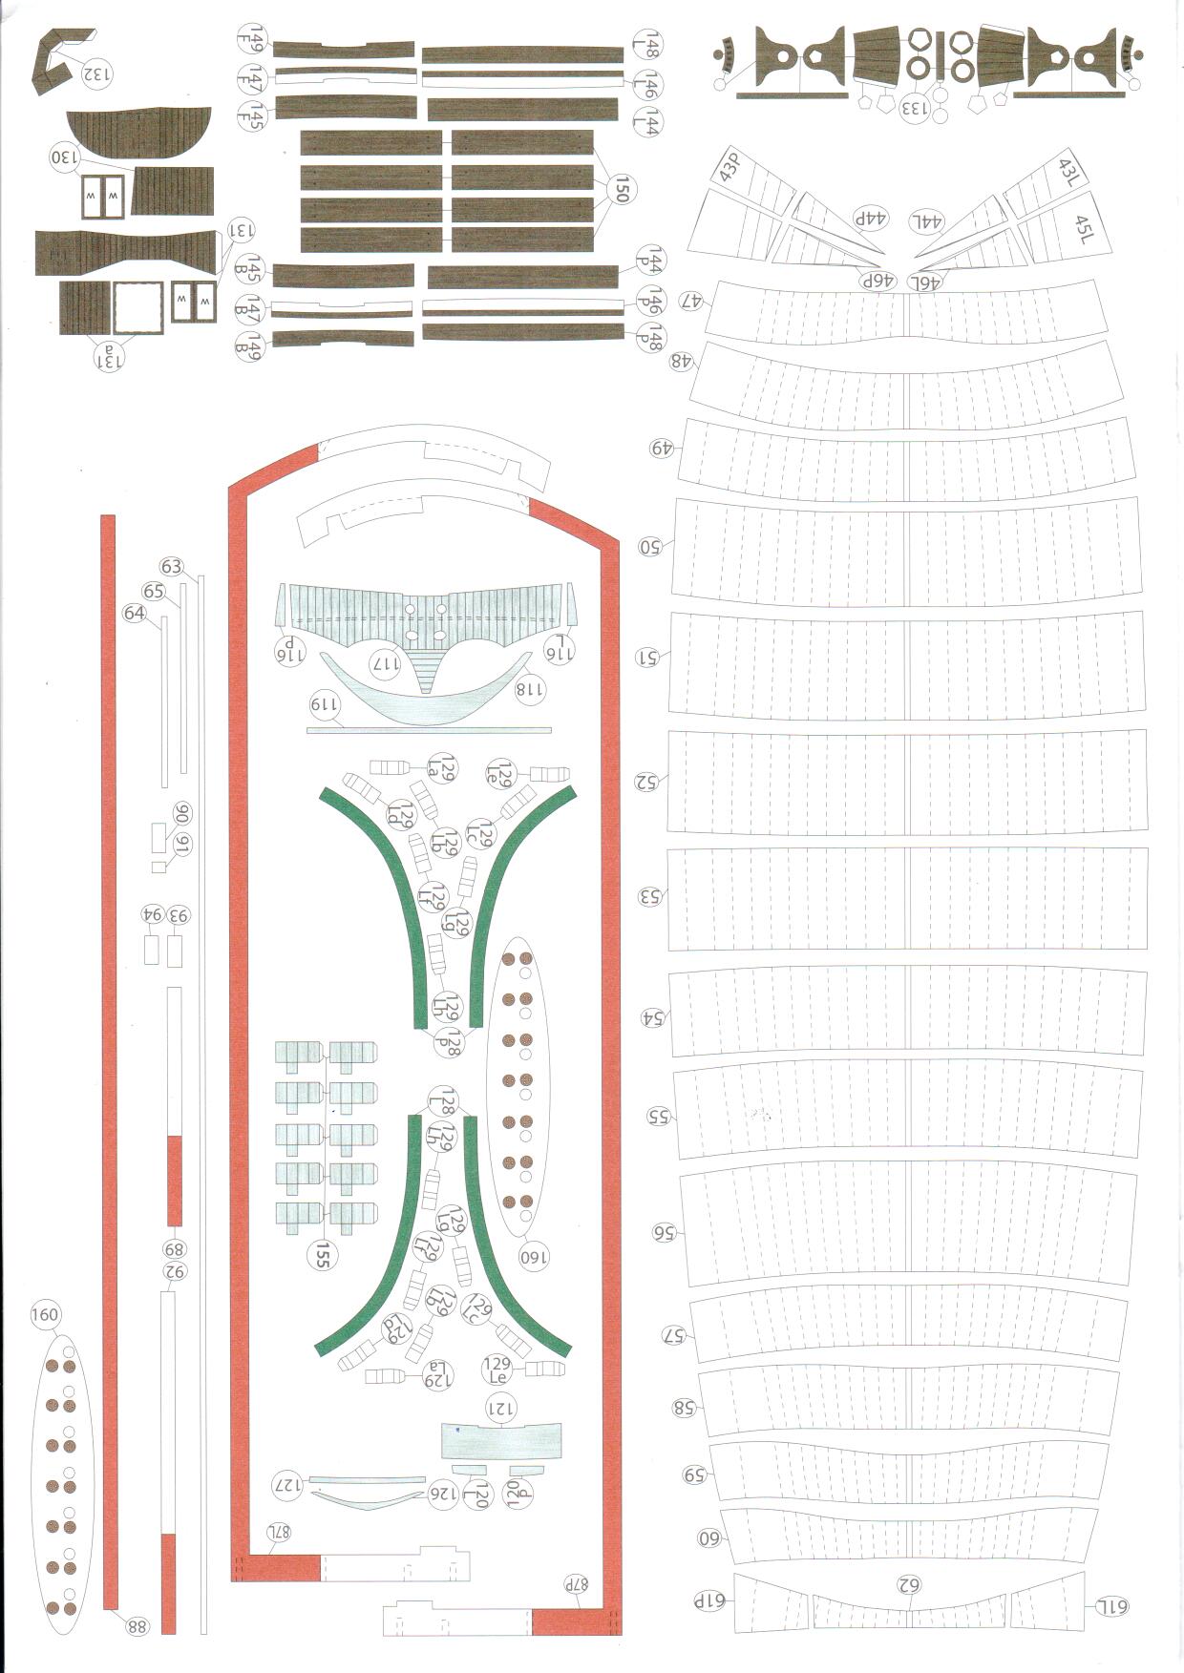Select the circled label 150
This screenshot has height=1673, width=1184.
(622, 190)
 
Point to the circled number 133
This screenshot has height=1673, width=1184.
(913, 108)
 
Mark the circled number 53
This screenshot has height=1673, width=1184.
(650, 896)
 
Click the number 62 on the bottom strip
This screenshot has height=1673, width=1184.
(907, 1585)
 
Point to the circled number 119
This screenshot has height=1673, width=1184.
(325, 704)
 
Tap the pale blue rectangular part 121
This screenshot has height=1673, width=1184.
(500, 1439)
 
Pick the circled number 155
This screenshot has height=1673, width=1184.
(322, 1256)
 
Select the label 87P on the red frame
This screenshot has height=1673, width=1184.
(576, 1582)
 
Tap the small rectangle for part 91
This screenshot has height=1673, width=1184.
(159, 867)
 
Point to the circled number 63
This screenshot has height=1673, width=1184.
(172, 567)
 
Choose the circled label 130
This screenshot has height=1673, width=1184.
(63, 157)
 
